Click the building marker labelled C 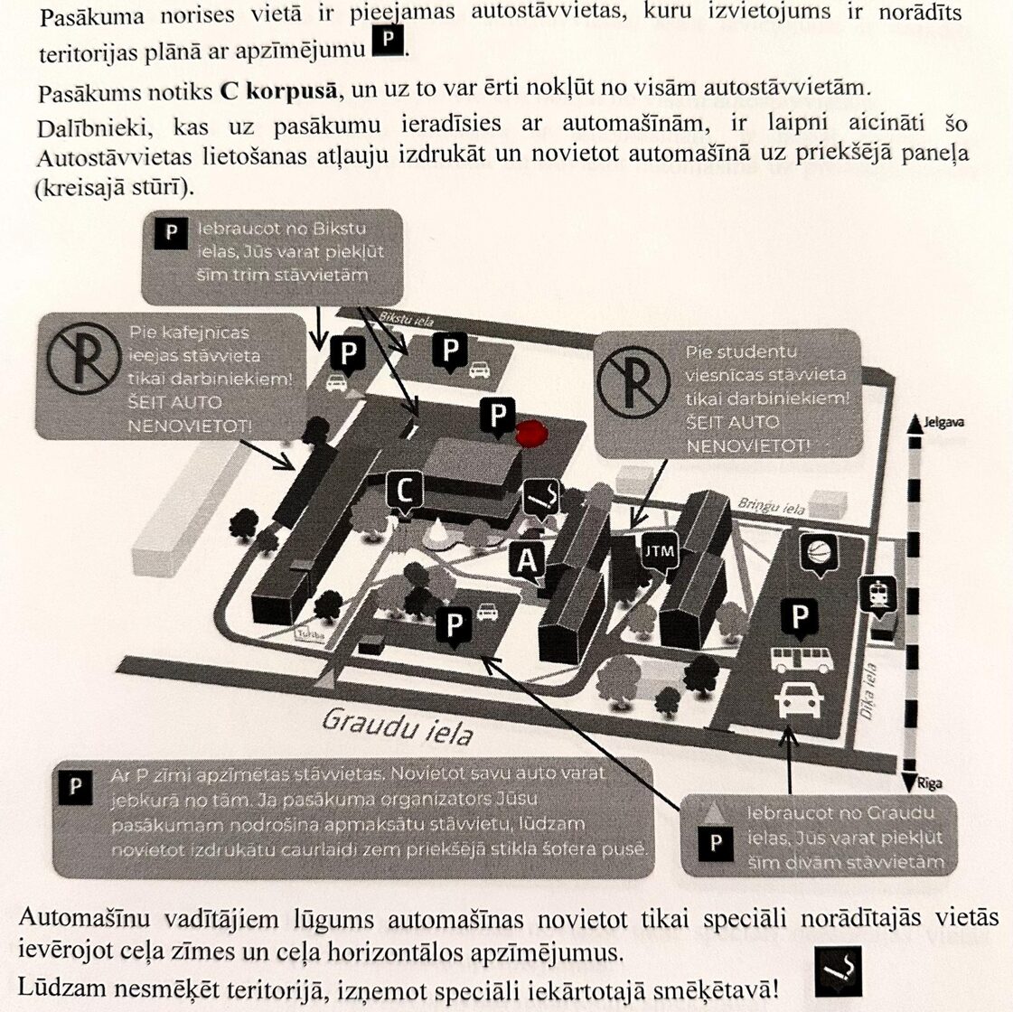tap(405, 491)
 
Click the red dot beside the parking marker tap(531, 435)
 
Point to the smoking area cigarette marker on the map tap(542, 496)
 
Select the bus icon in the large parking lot tap(801, 660)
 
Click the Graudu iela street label tap(398, 726)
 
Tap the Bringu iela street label tap(771, 505)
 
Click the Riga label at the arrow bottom tap(927, 783)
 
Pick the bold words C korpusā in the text tap(278, 91)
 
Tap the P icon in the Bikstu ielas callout tap(171, 232)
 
